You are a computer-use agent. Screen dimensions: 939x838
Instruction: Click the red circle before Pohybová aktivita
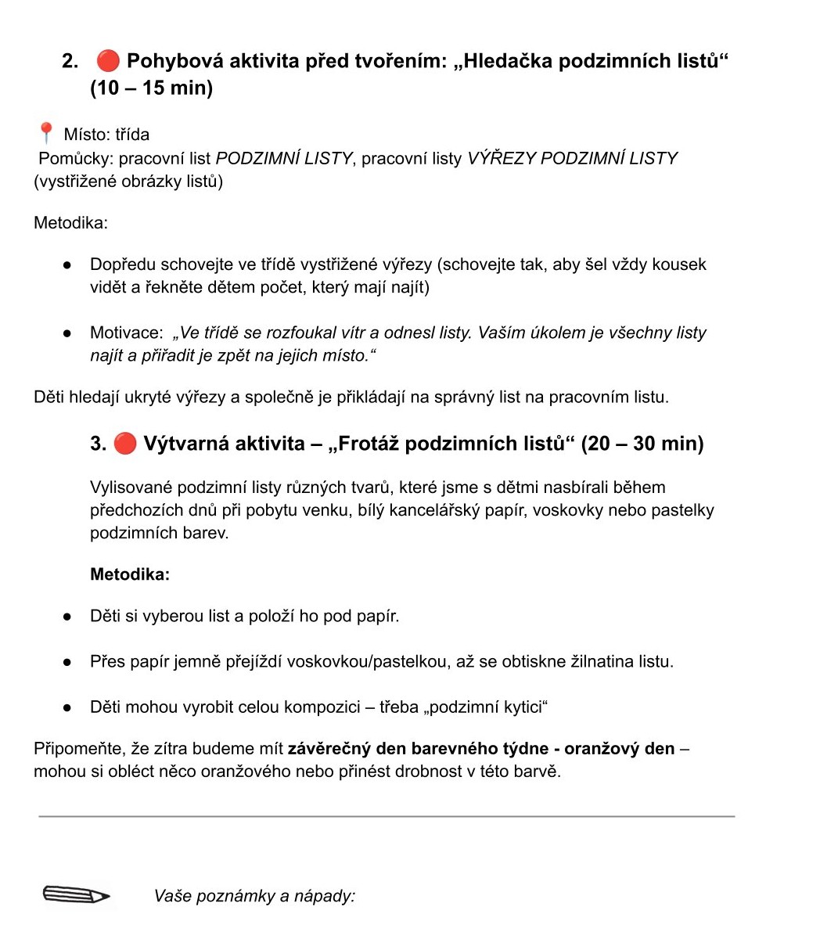tap(108, 60)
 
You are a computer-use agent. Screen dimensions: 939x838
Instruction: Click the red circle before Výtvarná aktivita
tap(125, 444)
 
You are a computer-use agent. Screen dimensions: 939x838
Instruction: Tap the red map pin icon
tap(45, 133)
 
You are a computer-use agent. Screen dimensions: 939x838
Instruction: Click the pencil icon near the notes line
tap(76, 894)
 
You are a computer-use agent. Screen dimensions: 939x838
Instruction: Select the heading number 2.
tap(70, 61)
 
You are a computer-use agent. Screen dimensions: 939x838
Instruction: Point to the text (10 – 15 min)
tap(151, 88)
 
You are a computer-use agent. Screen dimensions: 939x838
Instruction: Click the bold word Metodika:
tap(130, 574)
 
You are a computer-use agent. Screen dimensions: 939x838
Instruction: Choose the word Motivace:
tap(127, 333)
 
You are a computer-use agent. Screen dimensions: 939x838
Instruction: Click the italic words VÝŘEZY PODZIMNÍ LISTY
tap(572, 158)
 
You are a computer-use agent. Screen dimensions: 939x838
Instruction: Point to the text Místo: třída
tap(106, 135)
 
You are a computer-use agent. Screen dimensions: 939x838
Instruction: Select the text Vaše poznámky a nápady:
tap(254, 896)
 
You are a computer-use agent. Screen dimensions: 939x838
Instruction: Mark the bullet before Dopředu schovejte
tap(68, 264)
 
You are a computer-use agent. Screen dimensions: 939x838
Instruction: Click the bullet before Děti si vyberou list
tap(68, 617)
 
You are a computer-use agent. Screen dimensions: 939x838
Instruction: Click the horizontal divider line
tap(387, 816)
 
